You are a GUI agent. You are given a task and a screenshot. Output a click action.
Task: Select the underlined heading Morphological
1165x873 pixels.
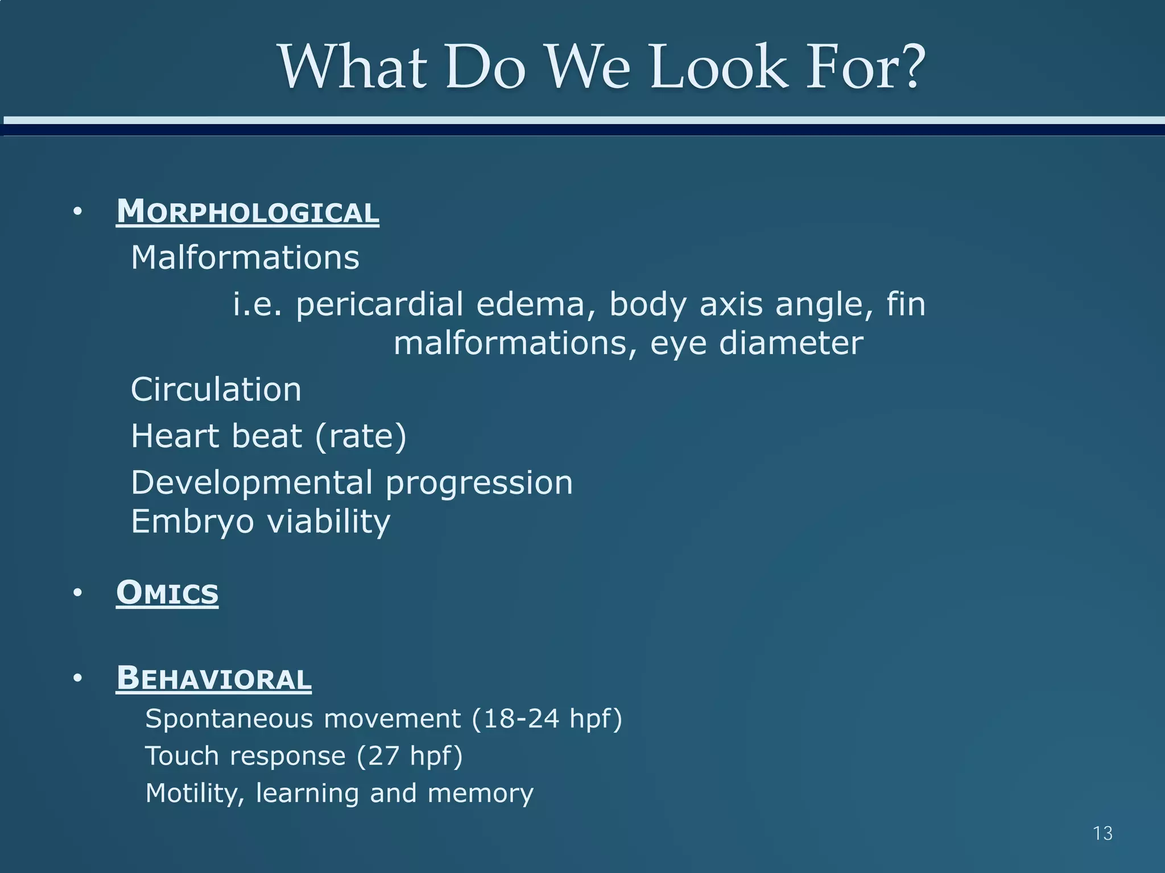pos(247,212)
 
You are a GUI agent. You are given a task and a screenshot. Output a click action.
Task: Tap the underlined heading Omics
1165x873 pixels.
pos(167,593)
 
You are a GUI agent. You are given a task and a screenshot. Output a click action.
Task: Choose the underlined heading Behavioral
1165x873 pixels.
pos(214,679)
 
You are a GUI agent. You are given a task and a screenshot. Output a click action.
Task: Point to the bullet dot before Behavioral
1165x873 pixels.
pos(78,679)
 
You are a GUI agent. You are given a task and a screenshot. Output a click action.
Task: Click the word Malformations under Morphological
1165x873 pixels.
pos(245,257)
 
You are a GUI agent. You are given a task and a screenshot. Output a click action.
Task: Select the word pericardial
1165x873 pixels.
pos(379,304)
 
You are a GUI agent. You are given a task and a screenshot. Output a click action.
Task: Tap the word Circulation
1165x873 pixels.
pos(216,390)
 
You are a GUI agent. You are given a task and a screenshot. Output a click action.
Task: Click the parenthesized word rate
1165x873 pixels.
pos(361,436)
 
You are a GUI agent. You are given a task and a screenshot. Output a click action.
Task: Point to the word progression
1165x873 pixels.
pos(479,484)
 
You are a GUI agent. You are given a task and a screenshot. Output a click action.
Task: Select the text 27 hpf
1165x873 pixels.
pos(410,756)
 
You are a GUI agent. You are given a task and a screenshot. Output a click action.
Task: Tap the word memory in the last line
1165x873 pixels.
pos(480,793)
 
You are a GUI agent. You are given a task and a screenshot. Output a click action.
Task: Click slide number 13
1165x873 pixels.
pos(1102,833)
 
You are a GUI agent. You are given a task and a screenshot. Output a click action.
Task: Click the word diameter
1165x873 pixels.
pos(791,343)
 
